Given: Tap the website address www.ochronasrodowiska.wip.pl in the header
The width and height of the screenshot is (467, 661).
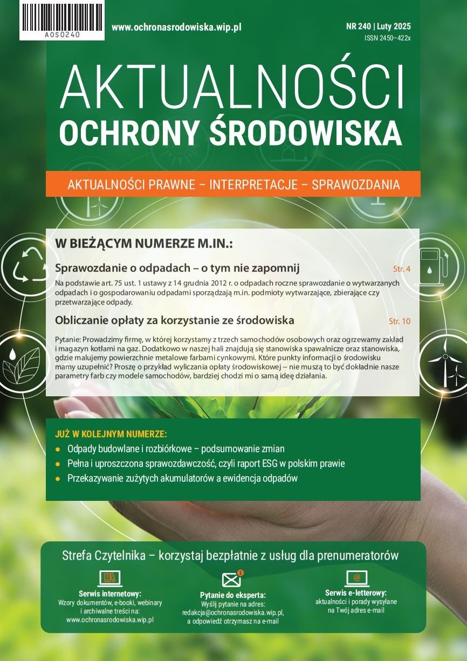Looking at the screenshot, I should [x=176, y=27].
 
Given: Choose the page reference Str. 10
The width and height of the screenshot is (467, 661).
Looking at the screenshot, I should [x=400, y=321].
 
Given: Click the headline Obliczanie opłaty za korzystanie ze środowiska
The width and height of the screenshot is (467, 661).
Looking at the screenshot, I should [x=175, y=320].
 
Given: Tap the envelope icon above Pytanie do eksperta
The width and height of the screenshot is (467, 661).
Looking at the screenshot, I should [x=231, y=580].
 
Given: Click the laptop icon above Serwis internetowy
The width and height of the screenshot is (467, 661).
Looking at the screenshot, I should [x=109, y=579].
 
